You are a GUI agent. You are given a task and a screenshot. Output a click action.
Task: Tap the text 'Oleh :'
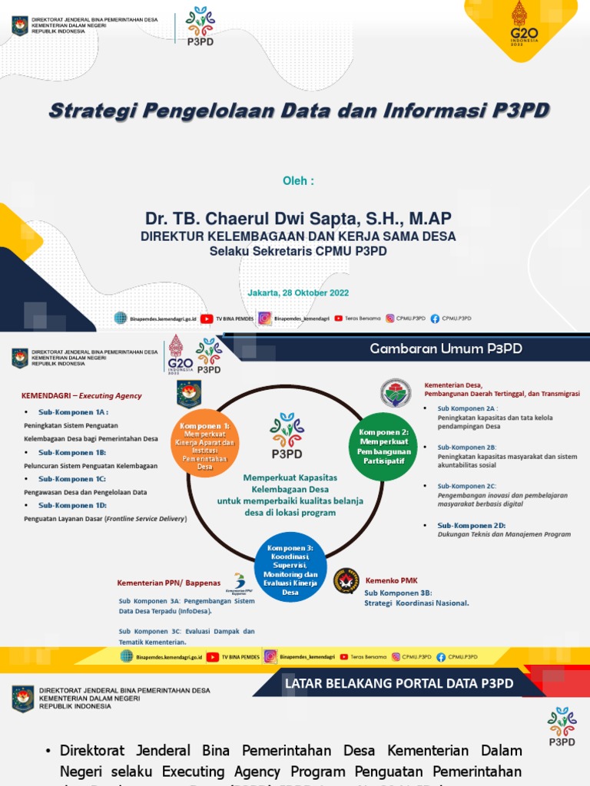[x=299, y=181]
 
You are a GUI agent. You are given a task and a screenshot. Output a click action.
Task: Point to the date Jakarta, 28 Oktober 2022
[x=298, y=293]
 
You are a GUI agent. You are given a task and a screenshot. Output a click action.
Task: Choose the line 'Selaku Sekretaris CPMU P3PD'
[x=298, y=250]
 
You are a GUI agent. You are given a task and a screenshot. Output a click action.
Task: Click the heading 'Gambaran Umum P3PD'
[x=446, y=348]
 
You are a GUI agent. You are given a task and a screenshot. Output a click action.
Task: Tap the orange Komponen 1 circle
[x=204, y=445]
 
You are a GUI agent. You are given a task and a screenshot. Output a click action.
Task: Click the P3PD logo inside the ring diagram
[x=287, y=435]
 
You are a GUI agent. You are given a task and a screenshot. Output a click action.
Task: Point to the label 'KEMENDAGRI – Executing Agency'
[x=81, y=396]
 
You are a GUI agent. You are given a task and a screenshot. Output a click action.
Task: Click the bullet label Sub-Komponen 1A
[x=74, y=412]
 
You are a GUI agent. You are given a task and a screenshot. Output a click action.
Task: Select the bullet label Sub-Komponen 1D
[x=72, y=505]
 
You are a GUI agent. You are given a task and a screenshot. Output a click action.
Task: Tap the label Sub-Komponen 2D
[x=472, y=524]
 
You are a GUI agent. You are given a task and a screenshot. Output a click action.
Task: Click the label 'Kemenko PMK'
[x=392, y=581]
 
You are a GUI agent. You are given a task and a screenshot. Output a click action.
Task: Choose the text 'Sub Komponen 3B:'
[x=398, y=593]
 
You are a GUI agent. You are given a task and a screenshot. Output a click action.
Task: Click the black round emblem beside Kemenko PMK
[x=346, y=581]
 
